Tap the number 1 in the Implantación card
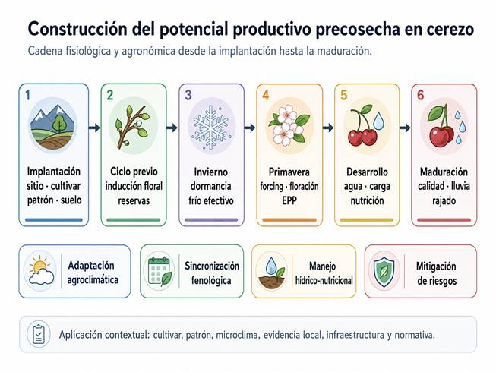[x=28, y=95]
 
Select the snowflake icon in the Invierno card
[x=211, y=127]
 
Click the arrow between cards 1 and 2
[x=94, y=128]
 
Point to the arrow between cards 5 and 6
[x=405, y=128]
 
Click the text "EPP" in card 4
[x=289, y=200]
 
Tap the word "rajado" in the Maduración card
[x=444, y=200]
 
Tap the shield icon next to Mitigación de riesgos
[x=384, y=272]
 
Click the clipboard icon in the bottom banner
[x=39, y=334]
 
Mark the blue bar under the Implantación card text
[x=54, y=219]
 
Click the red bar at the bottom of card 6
[x=444, y=220]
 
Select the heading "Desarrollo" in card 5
[x=368, y=172]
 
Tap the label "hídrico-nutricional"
[x=324, y=280]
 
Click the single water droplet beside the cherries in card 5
[x=378, y=121]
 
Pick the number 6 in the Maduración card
[x=420, y=95]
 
